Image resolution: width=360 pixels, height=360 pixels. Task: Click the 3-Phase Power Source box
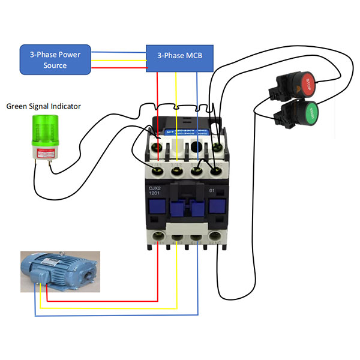pyautogui.click(x=55, y=59)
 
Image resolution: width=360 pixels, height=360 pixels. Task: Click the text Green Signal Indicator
pyautogui.click(x=44, y=106)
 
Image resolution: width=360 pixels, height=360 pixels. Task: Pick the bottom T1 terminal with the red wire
pyautogui.click(x=158, y=235)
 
